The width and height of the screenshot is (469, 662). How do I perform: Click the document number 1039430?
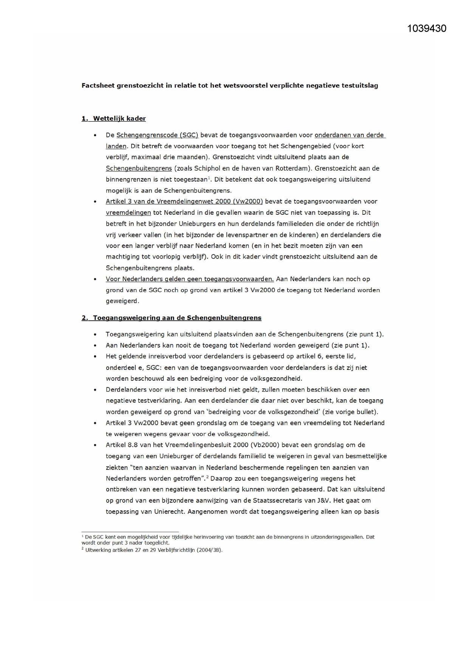427,29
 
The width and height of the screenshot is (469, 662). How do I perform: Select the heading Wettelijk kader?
119,119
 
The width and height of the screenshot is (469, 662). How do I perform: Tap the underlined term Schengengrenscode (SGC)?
157,135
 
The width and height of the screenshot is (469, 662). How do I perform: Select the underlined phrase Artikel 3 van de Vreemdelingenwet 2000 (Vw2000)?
184,202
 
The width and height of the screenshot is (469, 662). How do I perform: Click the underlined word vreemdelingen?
128,213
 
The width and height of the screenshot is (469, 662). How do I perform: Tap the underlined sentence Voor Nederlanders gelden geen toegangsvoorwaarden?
190,279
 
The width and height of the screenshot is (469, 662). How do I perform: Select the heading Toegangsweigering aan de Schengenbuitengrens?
177,318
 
